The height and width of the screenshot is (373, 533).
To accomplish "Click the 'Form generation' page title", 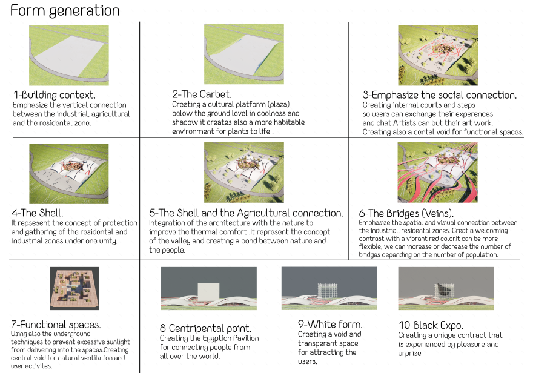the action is tap(65, 10).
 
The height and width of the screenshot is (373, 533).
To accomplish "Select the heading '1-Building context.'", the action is tap(55, 95).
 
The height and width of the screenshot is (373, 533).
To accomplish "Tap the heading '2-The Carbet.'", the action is tap(202, 94).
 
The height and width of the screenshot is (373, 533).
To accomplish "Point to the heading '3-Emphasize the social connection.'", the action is tap(440, 95).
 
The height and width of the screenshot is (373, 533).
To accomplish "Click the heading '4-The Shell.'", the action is tap(38, 213).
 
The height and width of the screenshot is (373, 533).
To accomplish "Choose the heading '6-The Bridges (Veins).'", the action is tap(406, 213).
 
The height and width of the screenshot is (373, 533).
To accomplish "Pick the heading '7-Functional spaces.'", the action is tap(56, 325).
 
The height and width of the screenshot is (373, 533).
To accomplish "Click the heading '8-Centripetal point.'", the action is tap(206, 329).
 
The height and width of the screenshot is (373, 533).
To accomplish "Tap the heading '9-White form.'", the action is tap(331, 324).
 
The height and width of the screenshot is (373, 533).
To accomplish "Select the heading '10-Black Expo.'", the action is tap(431, 325).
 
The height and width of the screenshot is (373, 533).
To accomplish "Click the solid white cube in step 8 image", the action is tap(208, 292).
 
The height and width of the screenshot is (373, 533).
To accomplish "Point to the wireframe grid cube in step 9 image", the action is tap(328, 291).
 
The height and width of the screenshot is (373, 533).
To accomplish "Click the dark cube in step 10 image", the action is tap(445, 291).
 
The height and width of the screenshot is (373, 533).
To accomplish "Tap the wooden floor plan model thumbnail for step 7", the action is tap(74, 288).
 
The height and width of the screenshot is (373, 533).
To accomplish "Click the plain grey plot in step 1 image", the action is tap(70, 56).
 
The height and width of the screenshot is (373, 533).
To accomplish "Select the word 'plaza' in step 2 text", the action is tap(278, 104).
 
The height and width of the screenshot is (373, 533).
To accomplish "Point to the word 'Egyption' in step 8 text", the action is tap(217, 338).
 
